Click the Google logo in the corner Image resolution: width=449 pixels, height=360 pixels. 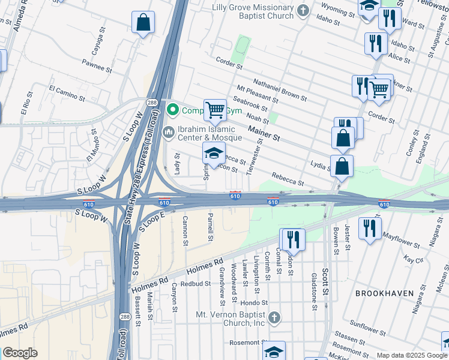[x=20, y=353]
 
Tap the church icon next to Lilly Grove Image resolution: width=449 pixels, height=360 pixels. [x=304, y=10]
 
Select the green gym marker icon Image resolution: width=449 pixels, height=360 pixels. [x=173, y=110]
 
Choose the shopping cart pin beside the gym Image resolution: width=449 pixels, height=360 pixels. [x=215, y=109]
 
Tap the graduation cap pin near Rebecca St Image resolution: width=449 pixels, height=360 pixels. [x=214, y=153]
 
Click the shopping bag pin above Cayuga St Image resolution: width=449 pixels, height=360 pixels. [x=143, y=23]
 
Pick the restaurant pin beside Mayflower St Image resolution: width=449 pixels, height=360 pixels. [x=370, y=227]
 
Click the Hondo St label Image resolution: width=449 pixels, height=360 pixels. [x=256, y=304]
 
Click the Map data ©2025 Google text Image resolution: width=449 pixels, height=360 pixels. [x=412, y=355]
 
